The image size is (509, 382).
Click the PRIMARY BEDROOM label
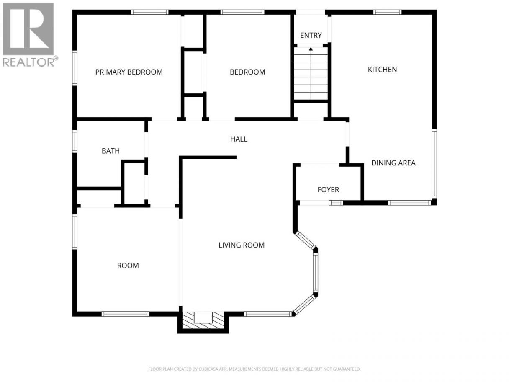[x=129, y=72]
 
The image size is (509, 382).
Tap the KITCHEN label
[x=383, y=70]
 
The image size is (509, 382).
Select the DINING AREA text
[x=393, y=163]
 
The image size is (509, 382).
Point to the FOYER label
[x=328, y=189]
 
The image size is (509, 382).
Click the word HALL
[x=239, y=139]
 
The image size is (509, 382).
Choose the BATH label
[x=111, y=151]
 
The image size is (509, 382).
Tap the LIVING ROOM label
[x=242, y=245]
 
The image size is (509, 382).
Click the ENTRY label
[x=311, y=35]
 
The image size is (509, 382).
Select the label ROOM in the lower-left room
[x=128, y=265]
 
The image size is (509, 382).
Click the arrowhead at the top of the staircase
[x=311, y=49]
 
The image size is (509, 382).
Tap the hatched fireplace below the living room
[x=203, y=320]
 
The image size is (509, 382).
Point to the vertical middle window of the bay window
[x=315, y=273]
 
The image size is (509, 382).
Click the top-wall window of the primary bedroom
[x=149, y=12]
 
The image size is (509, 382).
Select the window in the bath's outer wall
[x=75, y=142]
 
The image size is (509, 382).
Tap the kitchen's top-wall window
[x=387, y=12]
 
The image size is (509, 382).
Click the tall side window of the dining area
[x=434, y=164]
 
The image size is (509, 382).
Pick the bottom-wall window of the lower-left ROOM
[x=126, y=314]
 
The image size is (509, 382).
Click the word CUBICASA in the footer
[x=208, y=369]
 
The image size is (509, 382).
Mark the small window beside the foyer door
[x=336, y=203]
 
